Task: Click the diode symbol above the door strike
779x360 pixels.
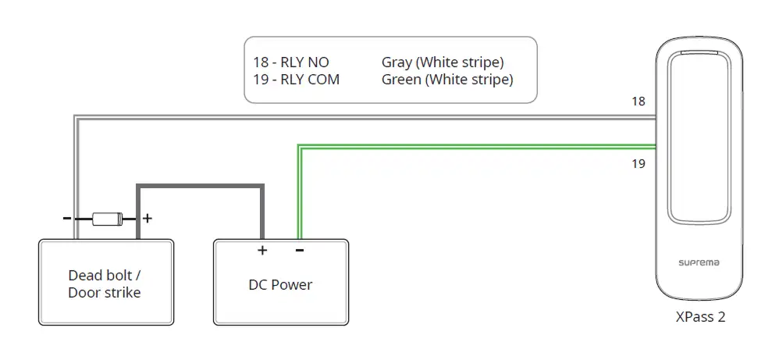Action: tap(107, 219)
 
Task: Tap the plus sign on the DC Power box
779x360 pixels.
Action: tap(262, 250)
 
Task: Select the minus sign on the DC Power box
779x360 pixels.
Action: tap(300, 250)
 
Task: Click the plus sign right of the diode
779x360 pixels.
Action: tap(147, 219)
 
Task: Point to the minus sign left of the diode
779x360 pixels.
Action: tap(66, 218)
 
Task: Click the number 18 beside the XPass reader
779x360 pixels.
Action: tap(638, 102)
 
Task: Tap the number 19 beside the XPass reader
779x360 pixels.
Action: tap(638, 163)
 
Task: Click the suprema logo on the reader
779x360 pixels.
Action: tap(699, 262)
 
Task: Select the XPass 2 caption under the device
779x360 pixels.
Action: tap(700, 317)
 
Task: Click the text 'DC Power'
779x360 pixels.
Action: tap(281, 285)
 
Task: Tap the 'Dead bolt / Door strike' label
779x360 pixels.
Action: tap(105, 284)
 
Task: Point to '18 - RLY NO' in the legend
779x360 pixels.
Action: tap(291, 62)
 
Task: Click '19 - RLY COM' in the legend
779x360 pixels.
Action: tap(297, 79)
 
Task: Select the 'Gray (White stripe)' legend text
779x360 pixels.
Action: tap(443, 62)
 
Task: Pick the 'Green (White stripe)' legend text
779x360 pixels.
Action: tap(447, 80)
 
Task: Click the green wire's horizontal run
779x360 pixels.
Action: tap(477, 147)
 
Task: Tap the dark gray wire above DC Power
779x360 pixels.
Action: tap(201, 187)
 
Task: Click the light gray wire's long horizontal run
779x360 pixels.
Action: tap(365, 117)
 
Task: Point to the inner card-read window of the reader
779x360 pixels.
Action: tap(699, 137)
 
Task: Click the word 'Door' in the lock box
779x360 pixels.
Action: tap(83, 292)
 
